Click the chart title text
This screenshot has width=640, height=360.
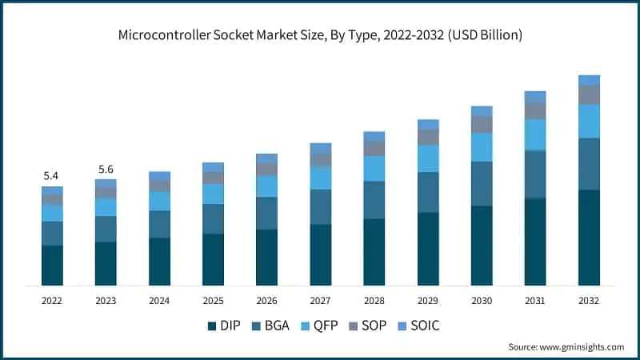(320, 34)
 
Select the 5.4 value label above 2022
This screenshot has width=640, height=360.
(52, 175)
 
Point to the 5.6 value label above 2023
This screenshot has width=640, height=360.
(106, 169)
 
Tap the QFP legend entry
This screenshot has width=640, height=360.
(323, 326)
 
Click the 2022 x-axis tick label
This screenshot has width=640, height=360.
(52, 300)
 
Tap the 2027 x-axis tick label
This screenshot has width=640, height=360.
(320, 300)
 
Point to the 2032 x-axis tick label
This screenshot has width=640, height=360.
(589, 300)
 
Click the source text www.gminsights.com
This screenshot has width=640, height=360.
(566, 346)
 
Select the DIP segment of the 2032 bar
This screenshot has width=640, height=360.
(589, 238)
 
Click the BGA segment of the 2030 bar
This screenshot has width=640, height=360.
(482, 184)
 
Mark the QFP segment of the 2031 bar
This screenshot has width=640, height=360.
(535, 135)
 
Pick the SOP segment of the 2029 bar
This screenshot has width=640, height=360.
(428, 138)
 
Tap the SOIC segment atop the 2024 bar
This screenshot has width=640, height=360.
(159, 176)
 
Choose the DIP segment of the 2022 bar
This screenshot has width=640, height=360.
(52, 266)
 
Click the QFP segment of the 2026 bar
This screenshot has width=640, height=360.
(266, 186)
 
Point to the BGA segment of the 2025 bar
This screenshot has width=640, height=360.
(213, 219)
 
